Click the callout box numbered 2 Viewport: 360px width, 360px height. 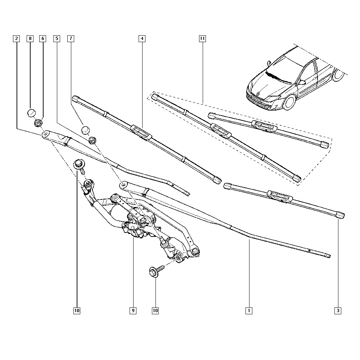[x=16, y=39]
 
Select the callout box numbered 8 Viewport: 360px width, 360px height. [x=30, y=39]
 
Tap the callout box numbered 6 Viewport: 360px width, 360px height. [x=43, y=39]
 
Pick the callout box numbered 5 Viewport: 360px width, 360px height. [x=57, y=39]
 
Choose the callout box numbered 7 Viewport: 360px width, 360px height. [x=71, y=39]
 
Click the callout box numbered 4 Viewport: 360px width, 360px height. [x=142, y=39]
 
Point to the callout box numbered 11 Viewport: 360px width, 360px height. [x=202, y=39]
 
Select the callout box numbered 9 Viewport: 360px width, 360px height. [x=133, y=311]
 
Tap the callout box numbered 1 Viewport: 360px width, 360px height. [x=249, y=311]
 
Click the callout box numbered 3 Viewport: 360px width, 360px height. [x=338, y=311]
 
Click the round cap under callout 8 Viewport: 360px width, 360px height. [x=31, y=113]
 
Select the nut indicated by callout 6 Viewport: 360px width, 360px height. [x=38, y=122]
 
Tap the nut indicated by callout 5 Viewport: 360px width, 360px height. [x=92, y=140]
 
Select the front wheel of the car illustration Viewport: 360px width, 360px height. [x=289, y=102]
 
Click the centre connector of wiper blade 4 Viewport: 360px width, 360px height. [x=141, y=132]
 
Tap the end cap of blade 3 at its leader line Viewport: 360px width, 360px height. [x=341, y=215]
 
